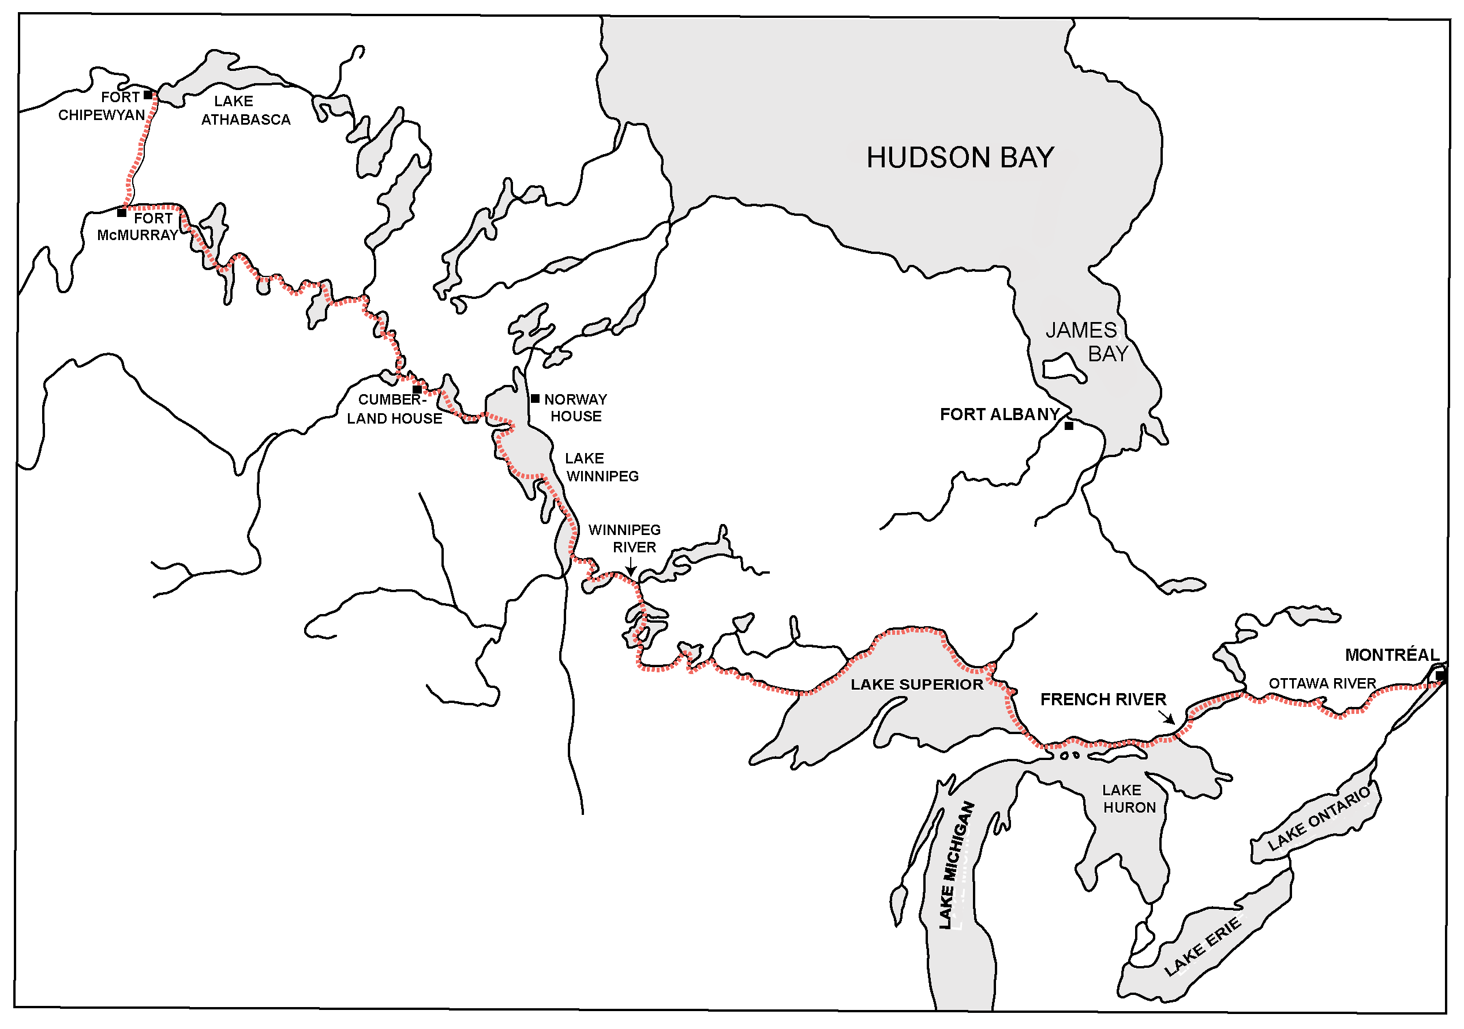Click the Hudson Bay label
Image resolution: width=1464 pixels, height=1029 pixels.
[x=960, y=158]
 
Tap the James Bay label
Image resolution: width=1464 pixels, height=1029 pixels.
[x=1087, y=342]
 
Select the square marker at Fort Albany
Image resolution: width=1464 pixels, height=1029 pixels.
[x=1069, y=426]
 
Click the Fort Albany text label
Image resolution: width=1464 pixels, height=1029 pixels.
[x=999, y=414]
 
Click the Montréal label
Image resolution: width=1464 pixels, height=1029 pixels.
[x=1391, y=655]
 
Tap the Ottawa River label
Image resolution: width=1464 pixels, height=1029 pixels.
[x=1322, y=683]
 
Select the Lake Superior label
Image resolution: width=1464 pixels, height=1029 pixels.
[x=916, y=684]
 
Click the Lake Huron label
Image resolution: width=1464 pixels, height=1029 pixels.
[x=1128, y=799]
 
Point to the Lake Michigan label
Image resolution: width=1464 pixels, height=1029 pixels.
[x=956, y=865]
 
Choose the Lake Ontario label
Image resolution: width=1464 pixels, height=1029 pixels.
[x=1318, y=818]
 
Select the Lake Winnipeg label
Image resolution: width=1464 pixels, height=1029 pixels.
[x=601, y=467]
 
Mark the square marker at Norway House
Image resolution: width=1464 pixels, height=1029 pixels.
[x=535, y=398]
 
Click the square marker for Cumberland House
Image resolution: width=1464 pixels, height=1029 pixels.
[x=417, y=390]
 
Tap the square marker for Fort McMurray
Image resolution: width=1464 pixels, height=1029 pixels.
[x=122, y=213]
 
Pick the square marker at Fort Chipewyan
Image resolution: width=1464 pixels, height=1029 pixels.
[x=148, y=95]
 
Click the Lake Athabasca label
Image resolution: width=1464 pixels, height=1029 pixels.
[x=245, y=110]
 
